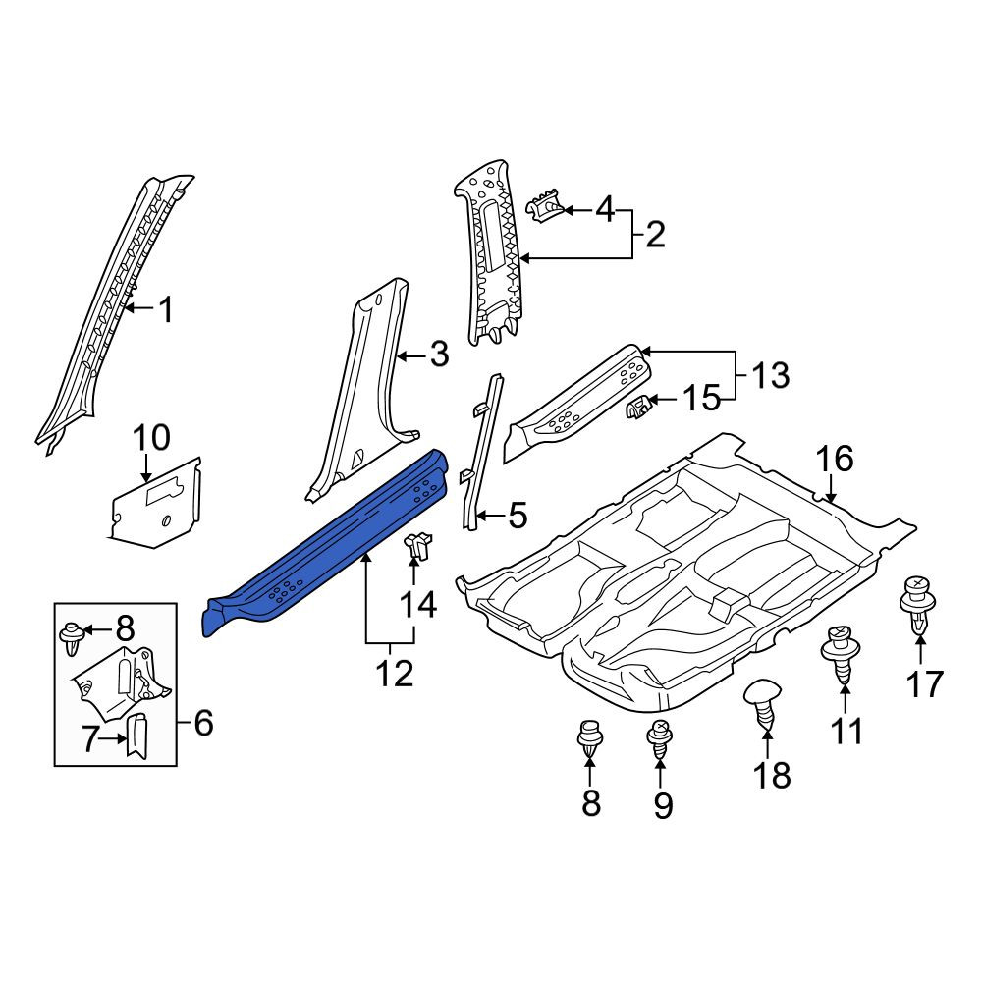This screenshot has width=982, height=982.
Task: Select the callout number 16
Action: click(835, 459)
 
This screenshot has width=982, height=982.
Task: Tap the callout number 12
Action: click(395, 674)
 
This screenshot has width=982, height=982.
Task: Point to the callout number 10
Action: click(151, 437)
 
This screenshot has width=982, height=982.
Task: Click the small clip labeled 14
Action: click(419, 545)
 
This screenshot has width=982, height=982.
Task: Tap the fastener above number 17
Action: click(918, 604)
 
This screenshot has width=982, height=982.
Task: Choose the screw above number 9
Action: click(660, 739)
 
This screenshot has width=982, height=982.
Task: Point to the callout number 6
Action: click(203, 723)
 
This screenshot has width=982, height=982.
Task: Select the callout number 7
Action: click(90, 739)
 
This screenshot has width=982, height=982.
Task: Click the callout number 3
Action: click(439, 355)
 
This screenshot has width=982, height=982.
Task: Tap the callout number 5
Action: click(518, 515)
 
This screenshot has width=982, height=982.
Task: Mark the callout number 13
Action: click(770, 376)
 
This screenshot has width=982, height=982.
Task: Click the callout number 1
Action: click(165, 310)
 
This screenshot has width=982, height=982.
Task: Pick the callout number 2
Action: click(654, 235)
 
